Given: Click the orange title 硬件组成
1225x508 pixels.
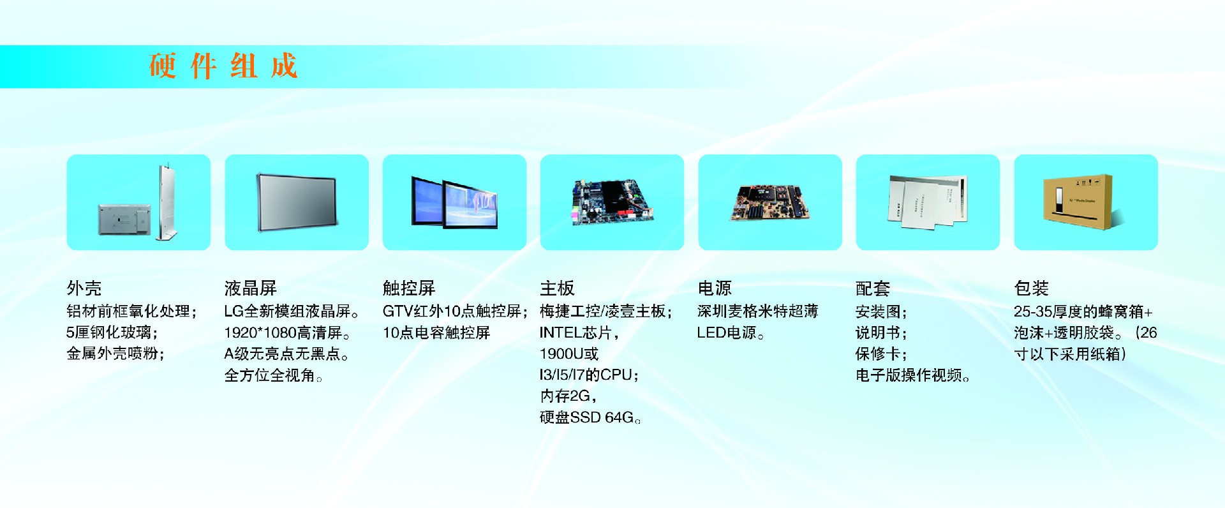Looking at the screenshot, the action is (223, 66).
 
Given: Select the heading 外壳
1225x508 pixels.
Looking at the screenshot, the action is (84, 288).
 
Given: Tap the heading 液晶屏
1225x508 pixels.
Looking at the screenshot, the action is (251, 288).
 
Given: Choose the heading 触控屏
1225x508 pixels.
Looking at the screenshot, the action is (409, 288).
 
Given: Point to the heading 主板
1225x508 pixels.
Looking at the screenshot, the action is (558, 288).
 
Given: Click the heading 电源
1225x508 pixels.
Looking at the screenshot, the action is (715, 288).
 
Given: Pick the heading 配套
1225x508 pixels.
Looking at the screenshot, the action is (873, 288).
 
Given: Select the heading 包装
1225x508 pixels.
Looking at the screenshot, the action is (1032, 288).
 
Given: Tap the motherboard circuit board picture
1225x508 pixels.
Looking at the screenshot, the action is (612, 202).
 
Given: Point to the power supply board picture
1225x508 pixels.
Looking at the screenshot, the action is (770, 203).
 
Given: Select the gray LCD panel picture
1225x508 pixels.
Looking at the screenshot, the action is (297, 202).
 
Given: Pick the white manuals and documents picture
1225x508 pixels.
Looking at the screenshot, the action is (928, 202).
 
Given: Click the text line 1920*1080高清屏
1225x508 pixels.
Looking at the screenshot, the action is (288, 333).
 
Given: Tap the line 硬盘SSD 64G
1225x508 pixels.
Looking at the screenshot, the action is (590, 418).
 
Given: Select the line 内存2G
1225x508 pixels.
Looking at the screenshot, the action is (568, 396).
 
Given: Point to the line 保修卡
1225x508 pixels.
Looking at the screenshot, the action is (881, 354).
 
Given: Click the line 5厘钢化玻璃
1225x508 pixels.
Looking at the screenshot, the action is (112, 333).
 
